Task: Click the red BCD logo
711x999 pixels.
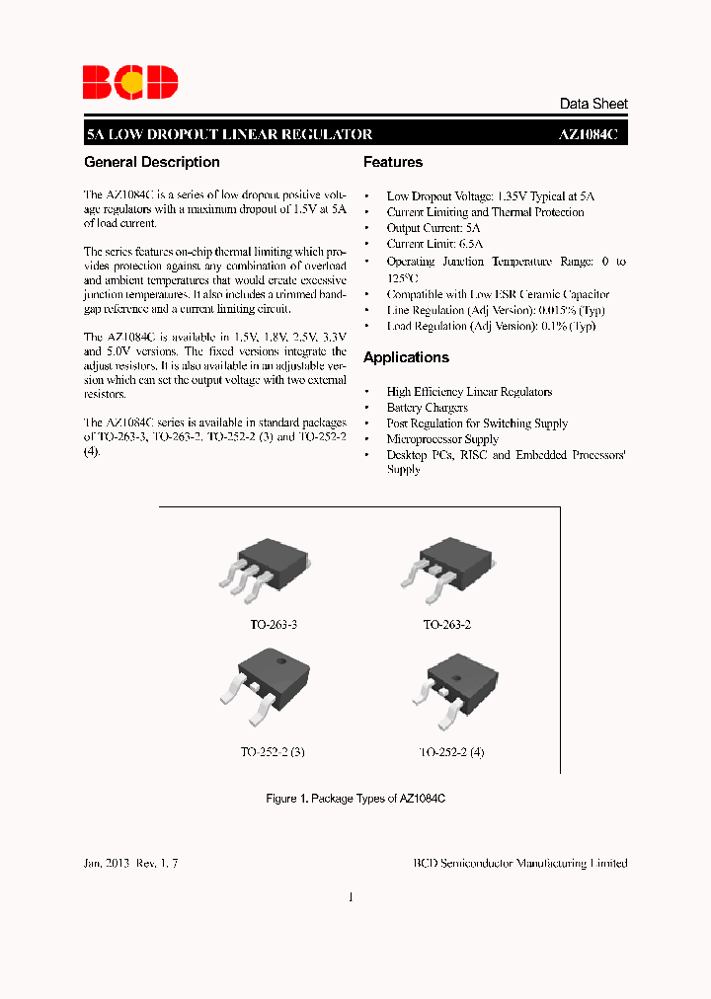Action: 129,81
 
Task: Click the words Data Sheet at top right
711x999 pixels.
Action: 592,104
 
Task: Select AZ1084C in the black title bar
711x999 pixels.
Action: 588,135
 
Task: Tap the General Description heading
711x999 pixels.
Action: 152,163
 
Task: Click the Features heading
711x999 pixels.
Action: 393,163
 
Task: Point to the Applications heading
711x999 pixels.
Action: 406,357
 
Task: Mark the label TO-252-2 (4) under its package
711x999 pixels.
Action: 451,751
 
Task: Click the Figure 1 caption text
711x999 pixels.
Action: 355,798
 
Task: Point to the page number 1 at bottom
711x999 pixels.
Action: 352,896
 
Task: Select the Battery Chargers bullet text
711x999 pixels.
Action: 427,408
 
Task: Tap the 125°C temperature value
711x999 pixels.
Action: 403,276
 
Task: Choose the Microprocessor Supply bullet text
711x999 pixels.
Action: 442,439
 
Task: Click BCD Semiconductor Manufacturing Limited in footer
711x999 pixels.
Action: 519,863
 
